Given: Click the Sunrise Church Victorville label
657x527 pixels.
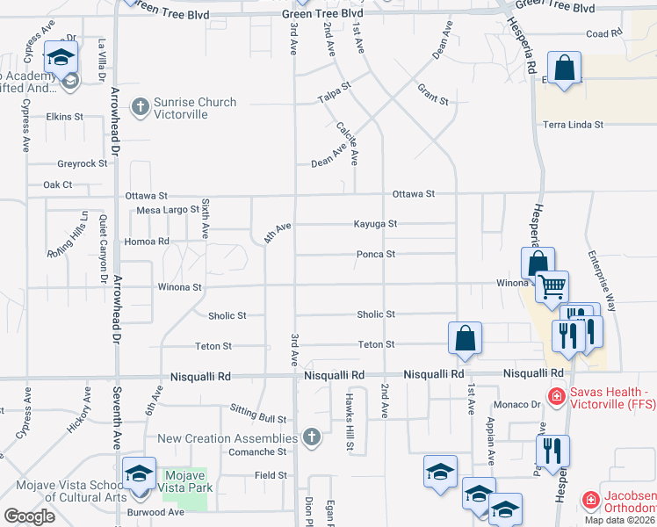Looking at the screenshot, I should pyautogui.click(x=194, y=108).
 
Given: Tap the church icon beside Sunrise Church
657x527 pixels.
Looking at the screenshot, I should pyautogui.click(x=139, y=108).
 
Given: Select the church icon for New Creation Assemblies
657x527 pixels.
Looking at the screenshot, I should pyautogui.click(x=310, y=437).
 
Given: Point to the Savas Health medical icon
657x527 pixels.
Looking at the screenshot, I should pyautogui.click(x=556, y=398).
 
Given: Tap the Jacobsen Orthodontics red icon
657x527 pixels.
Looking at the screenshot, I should pyautogui.click(x=591, y=502).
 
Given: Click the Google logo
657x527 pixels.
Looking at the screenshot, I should pyautogui.click(x=30, y=516).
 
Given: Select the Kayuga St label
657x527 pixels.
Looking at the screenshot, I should pyautogui.click(x=375, y=224).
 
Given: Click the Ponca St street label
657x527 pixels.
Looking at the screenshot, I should pyautogui.click(x=376, y=254).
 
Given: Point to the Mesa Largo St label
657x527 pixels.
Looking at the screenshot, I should pyautogui.click(x=168, y=210).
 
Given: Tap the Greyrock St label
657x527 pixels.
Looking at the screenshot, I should pyautogui.click(x=82, y=163).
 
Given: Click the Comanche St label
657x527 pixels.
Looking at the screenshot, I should pyautogui.click(x=258, y=451).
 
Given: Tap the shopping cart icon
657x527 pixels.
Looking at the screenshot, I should pyautogui.click(x=552, y=285).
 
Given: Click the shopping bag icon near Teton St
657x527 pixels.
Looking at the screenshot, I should pyautogui.click(x=465, y=337).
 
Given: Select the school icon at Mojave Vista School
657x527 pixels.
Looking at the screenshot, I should pyautogui.click(x=138, y=474).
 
